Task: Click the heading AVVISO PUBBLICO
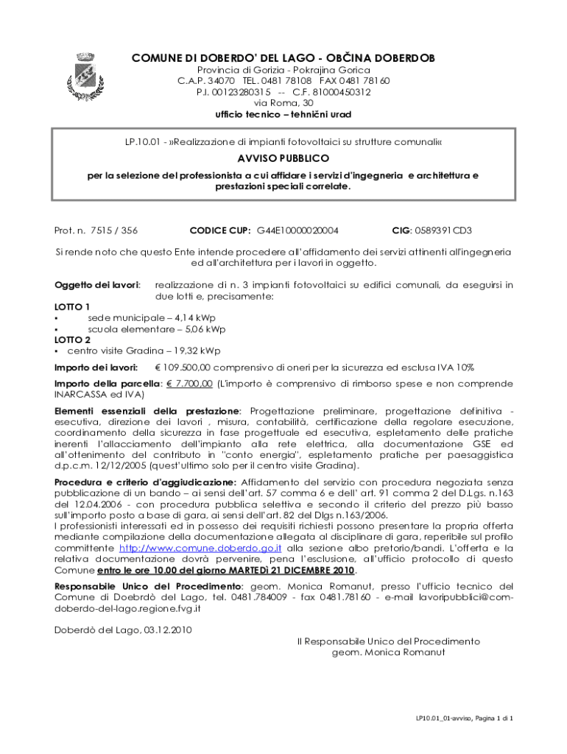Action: pyautogui.click(x=283, y=158)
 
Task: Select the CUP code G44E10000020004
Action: pyautogui.click(x=303, y=230)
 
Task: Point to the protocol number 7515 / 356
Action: pyautogui.click(x=113, y=230)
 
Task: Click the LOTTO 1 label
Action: pyautogui.click(x=73, y=306)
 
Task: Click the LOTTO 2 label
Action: pyautogui.click(x=73, y=339)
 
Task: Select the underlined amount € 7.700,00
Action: pyautogui.click(x=189, y=384)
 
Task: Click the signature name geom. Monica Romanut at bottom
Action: pyautogui.click(x=389, y=652)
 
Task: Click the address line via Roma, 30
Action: pyautogui.click(x=283, y=103)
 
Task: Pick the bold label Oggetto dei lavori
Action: pyautogui.click(x=98, y=284)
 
